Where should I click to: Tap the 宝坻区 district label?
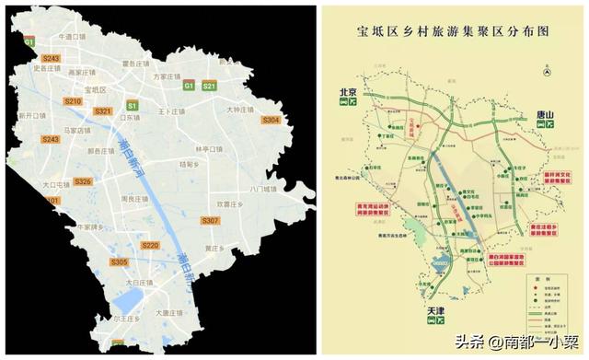(x=96, y=89)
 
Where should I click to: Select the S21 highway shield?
(x=209, y=86)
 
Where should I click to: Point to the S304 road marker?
(x=271, y=121)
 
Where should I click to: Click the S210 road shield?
(x=73, y=101)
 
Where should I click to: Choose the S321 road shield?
(x=103, y=110)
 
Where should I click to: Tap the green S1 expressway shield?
(x=132, y=105)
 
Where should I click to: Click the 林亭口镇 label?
(x=210, y=147)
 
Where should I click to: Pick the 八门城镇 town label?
(x=262, y=189)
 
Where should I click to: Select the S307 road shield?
(x=210, y=221)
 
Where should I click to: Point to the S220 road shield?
(x=150, y=245)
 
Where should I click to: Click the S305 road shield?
(x=119, y=262)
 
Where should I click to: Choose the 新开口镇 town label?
(x=30, y=116)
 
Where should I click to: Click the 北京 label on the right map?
(x=347, y=92)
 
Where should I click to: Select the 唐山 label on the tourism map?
(x=546, y=115)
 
